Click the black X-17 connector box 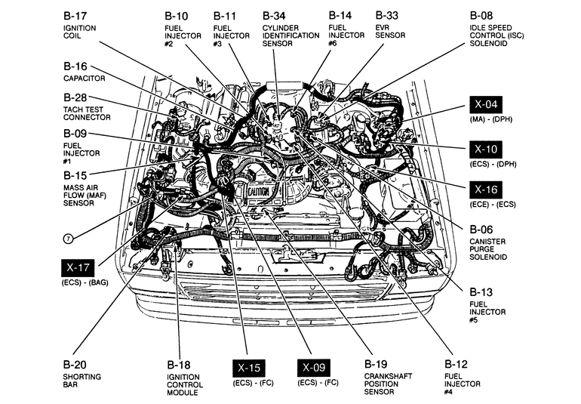(x=78, y=267)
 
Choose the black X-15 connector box (x=248, y=368)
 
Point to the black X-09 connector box (x=314, y=368)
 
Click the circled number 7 (x=68, y=239)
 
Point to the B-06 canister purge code (x=481, y=229)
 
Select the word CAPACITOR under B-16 (x=85, y=78)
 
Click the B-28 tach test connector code (x=75, y=97)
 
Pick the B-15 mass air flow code (x=75, y=174)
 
